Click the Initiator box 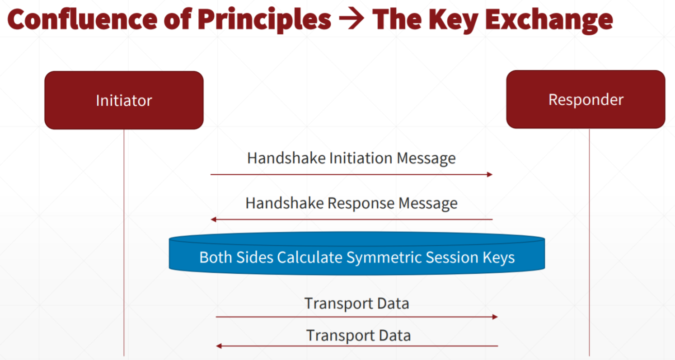click(124, 100)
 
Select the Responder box click(586, 99)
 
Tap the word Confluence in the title click(82, 19)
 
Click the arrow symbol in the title click(352, 19)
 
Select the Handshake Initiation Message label click(352, 158)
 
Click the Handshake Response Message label click(352, 203)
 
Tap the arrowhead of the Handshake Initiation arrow click(490, 174)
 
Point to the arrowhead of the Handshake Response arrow click(214, 220)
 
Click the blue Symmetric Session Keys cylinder click(357, 253)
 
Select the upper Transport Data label click(357, 304)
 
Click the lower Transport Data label click(358, 335)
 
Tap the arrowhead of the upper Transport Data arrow click(495, 317)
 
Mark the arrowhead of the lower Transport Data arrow click(219, 346)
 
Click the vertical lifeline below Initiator click(124, 243)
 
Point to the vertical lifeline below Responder click(589, 243)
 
